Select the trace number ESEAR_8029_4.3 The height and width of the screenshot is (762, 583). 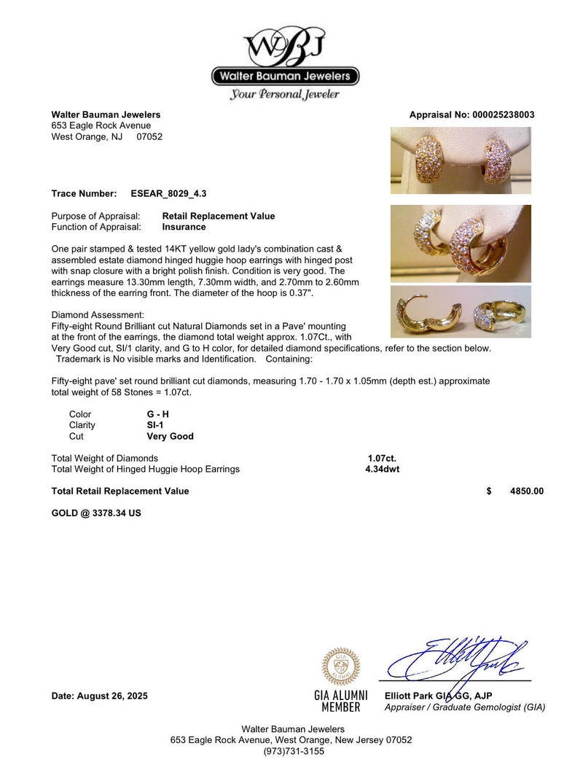coord(174,193)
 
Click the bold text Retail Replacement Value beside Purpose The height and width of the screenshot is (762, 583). coord(219,216)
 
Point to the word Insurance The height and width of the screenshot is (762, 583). coord(184,227)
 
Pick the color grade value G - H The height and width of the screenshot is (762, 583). coord(157,414)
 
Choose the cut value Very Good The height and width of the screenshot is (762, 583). coord(170,436)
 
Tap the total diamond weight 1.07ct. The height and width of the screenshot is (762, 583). coord(382,458)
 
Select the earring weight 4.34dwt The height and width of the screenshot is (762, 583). coord(382,469)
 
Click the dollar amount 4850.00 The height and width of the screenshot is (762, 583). coord(526,491)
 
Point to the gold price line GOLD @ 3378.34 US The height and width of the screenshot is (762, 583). coord(96,513)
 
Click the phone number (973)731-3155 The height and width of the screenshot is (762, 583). coord(291,750)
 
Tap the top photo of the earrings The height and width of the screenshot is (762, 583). coord(461,160)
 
